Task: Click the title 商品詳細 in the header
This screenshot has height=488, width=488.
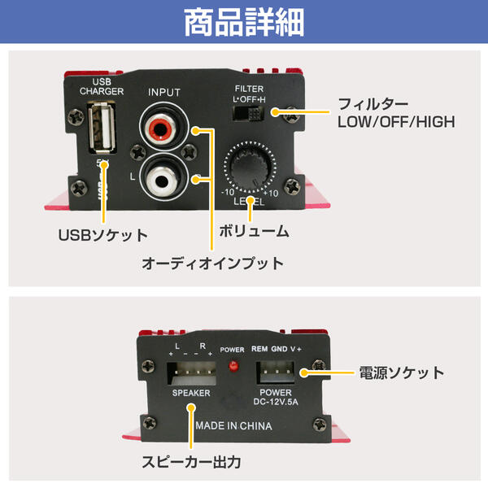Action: [x=244, y=22]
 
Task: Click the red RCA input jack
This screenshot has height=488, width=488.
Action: [x=161, y=129]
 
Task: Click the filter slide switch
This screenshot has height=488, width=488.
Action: [x=247, y=114]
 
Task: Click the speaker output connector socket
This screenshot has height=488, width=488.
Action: [x=193, y=373]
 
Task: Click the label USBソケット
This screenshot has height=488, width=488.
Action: [x=102, y=236]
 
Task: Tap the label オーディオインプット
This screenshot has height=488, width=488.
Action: [x=213, y=264]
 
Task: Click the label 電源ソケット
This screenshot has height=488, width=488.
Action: [x=402, y=373]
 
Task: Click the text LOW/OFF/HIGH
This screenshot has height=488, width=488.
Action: [x=395, y=122]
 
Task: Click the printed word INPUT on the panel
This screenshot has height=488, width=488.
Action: [x=163, y=93]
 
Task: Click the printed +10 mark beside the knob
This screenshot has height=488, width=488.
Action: [x=270, y=193]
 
